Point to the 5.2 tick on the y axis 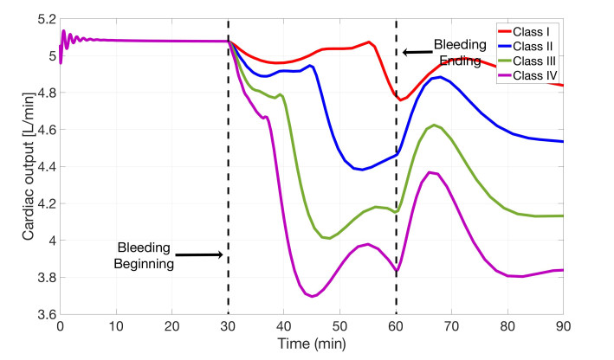point(45,19)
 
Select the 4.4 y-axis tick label point(45,167)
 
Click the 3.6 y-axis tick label point(45,315)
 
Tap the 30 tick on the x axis point(228,328)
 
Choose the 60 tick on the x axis point(396,328)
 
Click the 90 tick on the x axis point(563,328)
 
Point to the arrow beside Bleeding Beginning point(202,254)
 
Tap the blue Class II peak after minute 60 point(441,77)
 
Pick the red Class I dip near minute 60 point(402,100)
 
